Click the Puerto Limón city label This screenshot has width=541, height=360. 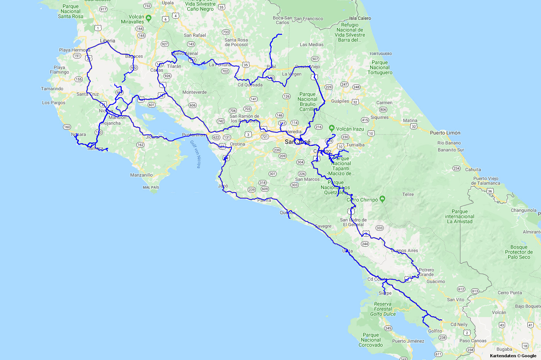pyautogui.click(x=445, y=133)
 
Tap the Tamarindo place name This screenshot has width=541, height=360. pyautogui.click(x=52, y=89)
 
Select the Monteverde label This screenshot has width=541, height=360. pyautogui.click(x=194, y=92)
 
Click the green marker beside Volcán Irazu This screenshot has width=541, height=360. pyautogui.click(x=332, y=128)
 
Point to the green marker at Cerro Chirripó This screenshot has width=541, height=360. pyautogui.click(x=382, y=199)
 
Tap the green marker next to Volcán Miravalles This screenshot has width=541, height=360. pyautogui.click(x=149, y=18)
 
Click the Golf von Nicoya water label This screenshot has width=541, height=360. pyautogui.click(x=196, y=154)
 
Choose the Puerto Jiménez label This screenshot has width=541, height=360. pyautogui.click(x=408, y=341)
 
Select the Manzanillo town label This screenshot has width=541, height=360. pyautogui.click(x=141, y=175)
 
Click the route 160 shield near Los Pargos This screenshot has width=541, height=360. pyautogui.click(x=67, y=127)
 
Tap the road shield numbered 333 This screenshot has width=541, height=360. pyautogui.click(x=379, y=228)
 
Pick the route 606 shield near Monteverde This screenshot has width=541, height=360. pyautogui.click(x=192, y=105)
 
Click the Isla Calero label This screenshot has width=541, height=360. pyautogui.click(x=360, y=18)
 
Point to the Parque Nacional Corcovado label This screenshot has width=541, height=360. pyautogui.click(x=371, y=340)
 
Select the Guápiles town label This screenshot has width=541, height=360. pyautogui.click(x=340, y=101)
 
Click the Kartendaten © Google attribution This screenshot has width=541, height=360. pyautogui.click(x=513, y=356)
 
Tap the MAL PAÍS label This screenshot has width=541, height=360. pyautogui.click(x=151, y=188)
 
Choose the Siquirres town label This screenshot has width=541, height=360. pyautogui.click(x=379, y=118)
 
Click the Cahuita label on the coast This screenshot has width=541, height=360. pyautogui.click(x=473, y=169)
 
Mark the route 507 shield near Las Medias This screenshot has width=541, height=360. pyautogui.click(x=315, y=59)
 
